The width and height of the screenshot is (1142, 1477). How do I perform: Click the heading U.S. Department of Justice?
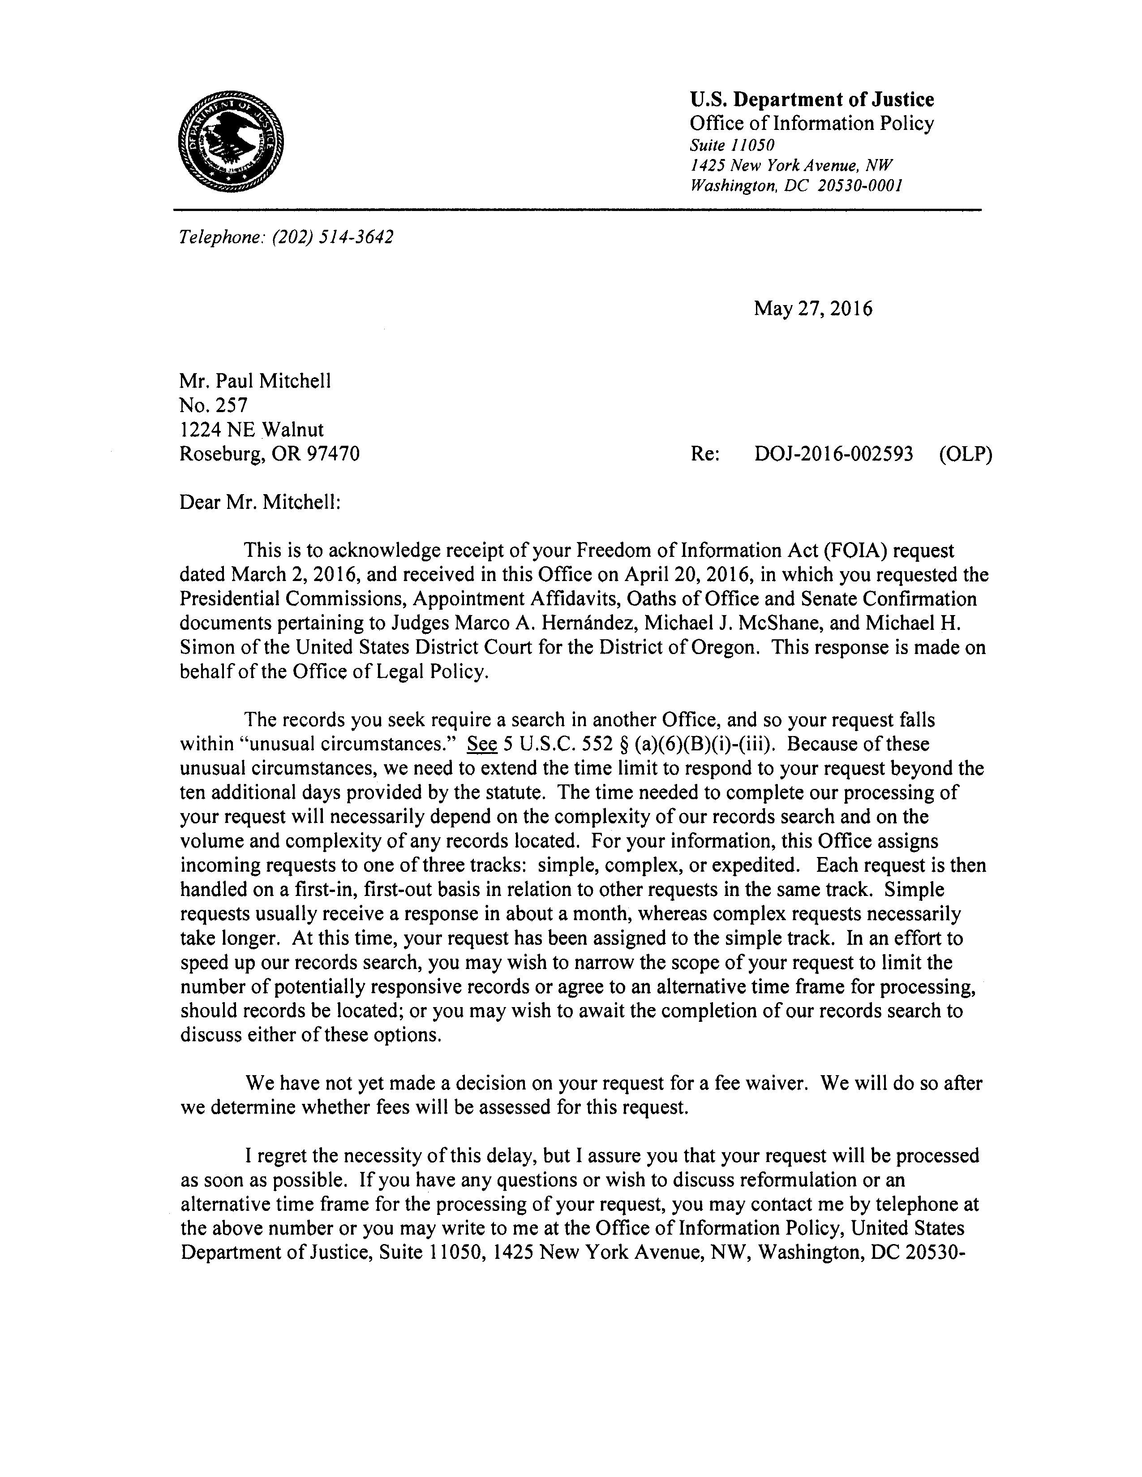811,100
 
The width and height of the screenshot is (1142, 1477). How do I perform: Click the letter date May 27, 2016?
813,309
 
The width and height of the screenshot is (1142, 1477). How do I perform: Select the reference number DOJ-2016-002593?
833,454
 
